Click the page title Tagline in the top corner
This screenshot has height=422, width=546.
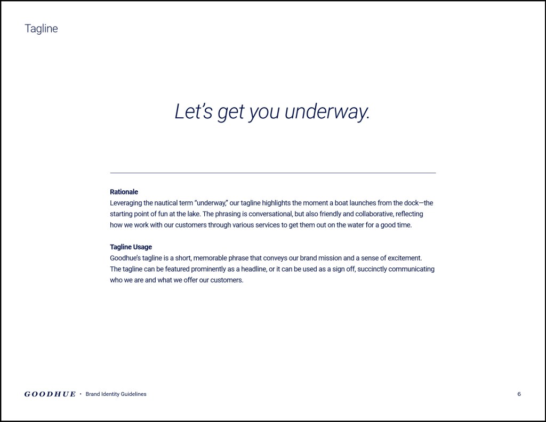tap(41, 29)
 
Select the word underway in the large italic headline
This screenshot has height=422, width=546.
tap(326, 111)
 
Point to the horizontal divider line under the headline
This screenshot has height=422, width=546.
tap(272, 173)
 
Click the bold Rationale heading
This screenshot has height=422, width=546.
tap(124, 192)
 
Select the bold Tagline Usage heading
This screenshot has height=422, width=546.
tap(131, 247)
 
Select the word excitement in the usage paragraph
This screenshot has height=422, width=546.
tap(404, 258)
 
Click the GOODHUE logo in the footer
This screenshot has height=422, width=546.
tap(50, 394)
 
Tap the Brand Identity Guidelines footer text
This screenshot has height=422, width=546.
tap(116, 394)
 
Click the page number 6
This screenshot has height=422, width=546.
tap(519, 394)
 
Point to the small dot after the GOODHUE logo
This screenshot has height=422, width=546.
tap(81, 394)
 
